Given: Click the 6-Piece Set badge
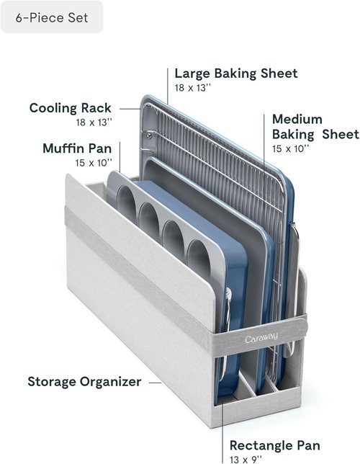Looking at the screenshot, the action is coord(52,17).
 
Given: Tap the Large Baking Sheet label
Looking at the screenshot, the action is coord(236,73).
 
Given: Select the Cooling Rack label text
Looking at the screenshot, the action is coord(71,108).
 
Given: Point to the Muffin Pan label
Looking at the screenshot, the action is coord(77,148).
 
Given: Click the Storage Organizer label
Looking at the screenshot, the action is coord(84,382).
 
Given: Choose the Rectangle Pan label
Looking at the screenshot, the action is coord(275,445).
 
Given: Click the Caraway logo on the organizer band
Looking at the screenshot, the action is coord(261,338).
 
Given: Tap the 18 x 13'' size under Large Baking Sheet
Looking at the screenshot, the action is coord(192,88).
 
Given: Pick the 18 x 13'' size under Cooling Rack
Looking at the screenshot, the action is coord(94,122).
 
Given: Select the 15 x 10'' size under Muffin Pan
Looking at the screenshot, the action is coord(94,163).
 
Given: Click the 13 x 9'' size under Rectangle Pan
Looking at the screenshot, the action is coord(246,460).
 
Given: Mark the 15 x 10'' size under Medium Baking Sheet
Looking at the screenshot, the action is coord(290,148).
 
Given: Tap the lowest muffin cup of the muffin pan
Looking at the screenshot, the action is coord(199,256).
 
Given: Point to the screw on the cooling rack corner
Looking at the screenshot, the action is coord(149,136).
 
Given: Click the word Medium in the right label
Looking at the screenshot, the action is coord(297,120).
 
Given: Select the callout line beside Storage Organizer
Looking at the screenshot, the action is coord(156,383).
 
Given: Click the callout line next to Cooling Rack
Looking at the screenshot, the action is coord(130,109).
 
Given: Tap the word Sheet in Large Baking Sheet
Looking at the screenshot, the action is coord(279,73).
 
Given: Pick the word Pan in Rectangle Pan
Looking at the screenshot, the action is coord(307,445).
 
